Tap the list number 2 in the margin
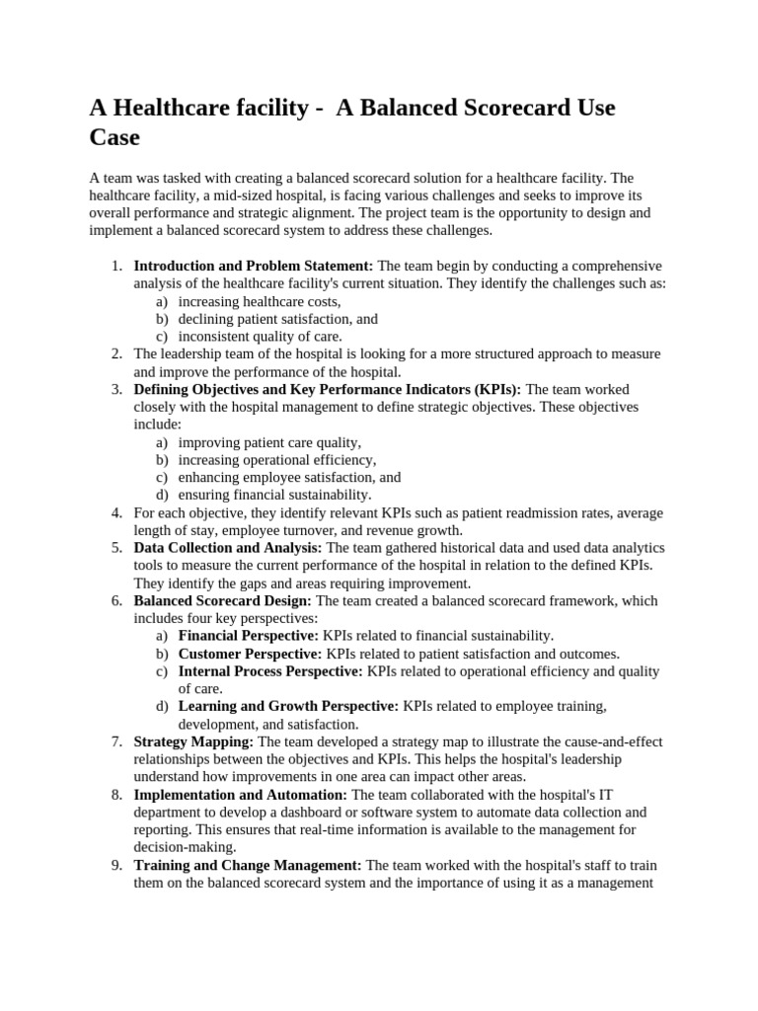tap(115, 353)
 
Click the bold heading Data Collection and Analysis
tap(228, 547)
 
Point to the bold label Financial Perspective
tap(249, 635)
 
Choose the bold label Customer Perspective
tap(250, 654)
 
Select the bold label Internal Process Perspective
tap(270, 671)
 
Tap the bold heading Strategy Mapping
tap(193, 741)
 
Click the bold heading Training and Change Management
tap(248, 865)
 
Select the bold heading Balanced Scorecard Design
tap(223, 600)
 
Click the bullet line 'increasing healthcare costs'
tap(260, 301)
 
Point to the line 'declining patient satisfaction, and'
tap(277, 319)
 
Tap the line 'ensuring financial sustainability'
tap(274, 494)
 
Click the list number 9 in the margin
tap(115, 865)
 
